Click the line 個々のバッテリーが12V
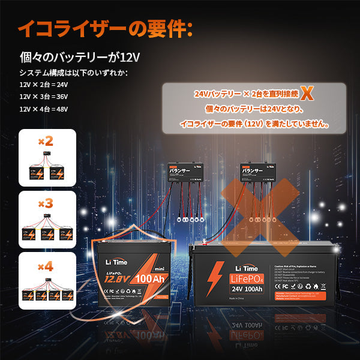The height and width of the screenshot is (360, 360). [80, 58]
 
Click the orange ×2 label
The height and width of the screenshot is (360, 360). [46, 142]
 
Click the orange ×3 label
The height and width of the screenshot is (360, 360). [46, 203]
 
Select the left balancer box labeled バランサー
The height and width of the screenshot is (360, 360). [184, 172]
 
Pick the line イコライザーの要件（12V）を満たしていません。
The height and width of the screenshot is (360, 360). [254, 124]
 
